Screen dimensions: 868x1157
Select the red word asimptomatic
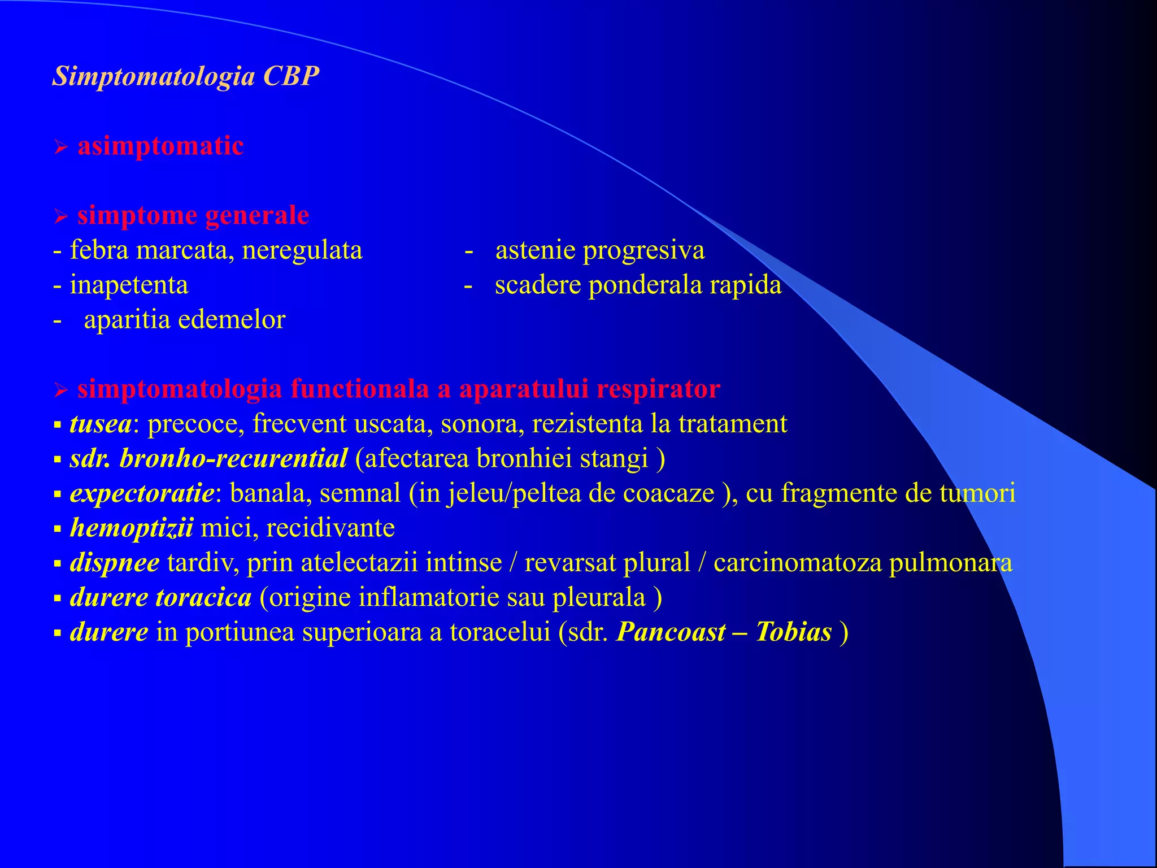pyautogui.click(x=160, y=146)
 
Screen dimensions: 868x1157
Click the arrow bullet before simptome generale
pyautogui.click(x=61, y=216)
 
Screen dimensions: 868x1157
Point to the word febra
pyautogui.click(x=99, y=250)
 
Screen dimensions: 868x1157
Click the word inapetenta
pyautogui.click(x=129, y=285)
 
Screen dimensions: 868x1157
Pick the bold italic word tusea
pyautogui.click(x=101, y=424)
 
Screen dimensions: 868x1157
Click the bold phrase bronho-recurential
pyautogui.click(x=233, y=459)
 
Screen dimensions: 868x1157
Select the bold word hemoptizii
pyautogui.click(x=132, y=528)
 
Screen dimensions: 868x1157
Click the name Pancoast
pyautogui.click(x=671, y=632)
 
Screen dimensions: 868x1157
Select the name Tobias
pyautogui.click(x=793, y=632)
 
